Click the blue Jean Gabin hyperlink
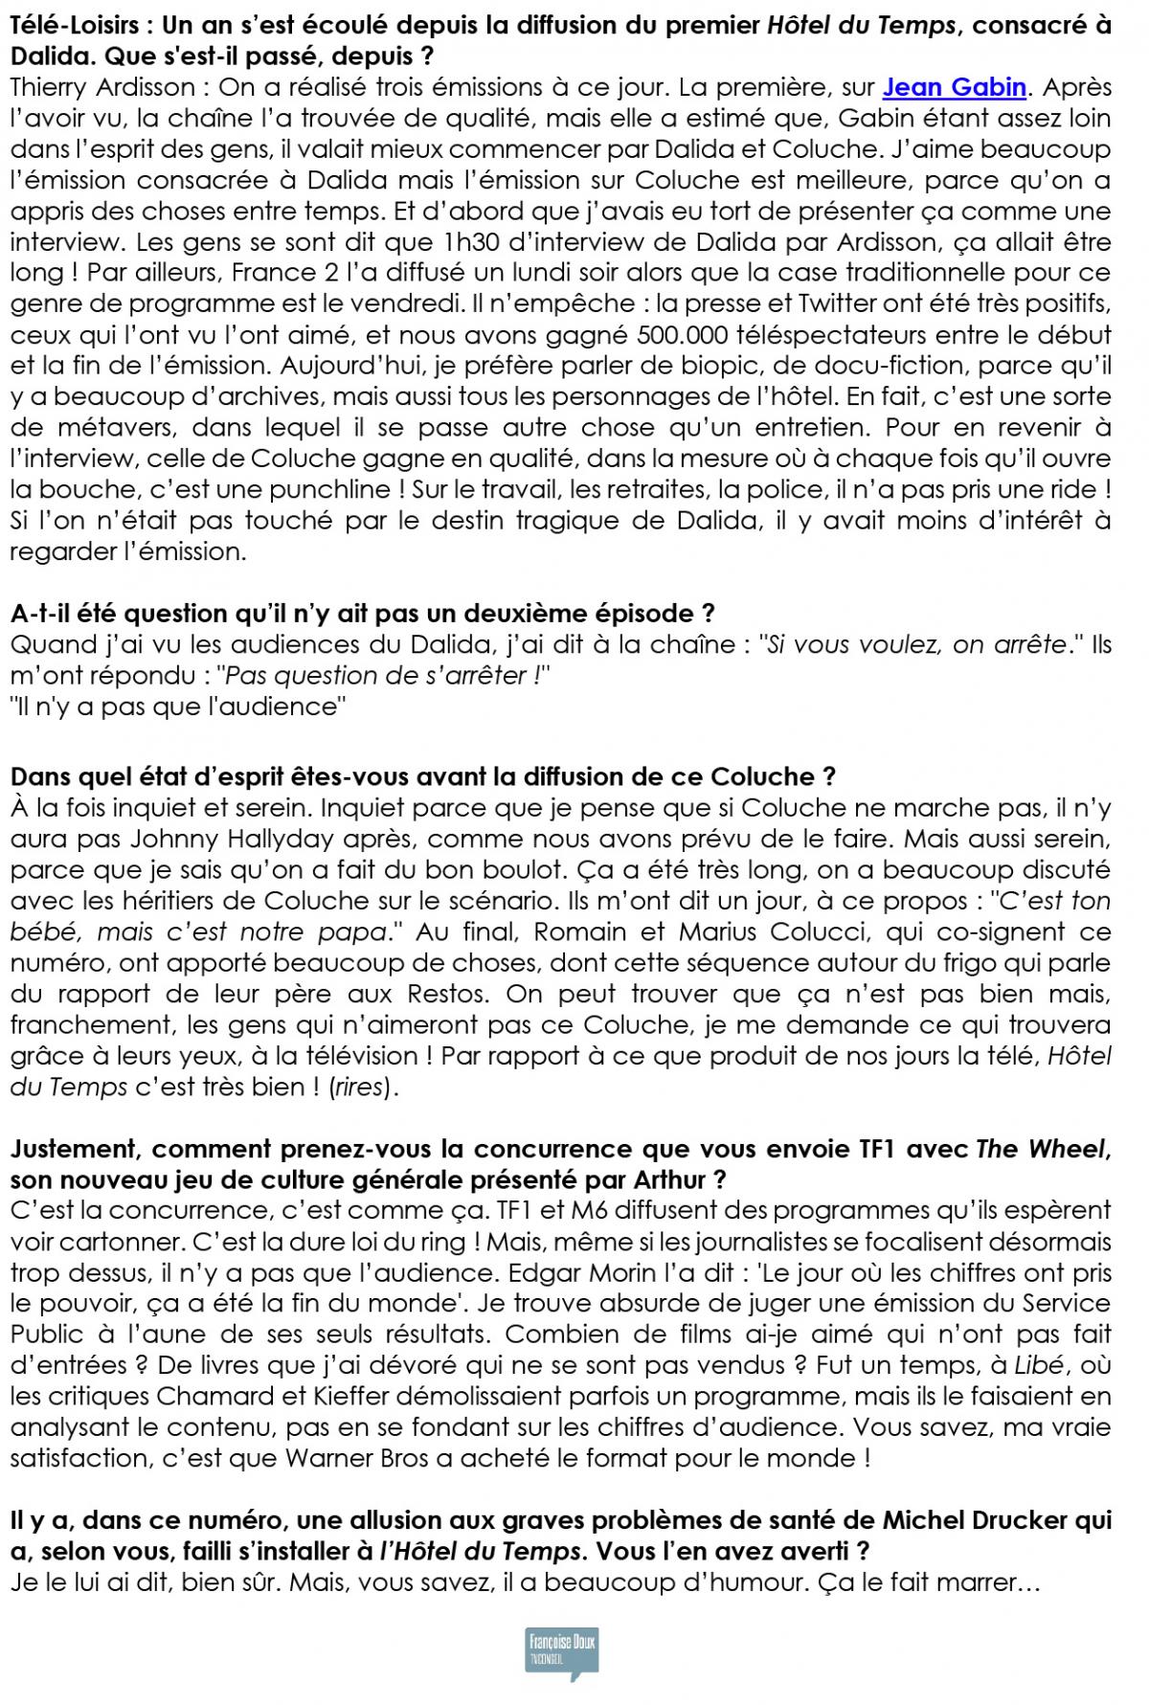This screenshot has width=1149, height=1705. (954, 87)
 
